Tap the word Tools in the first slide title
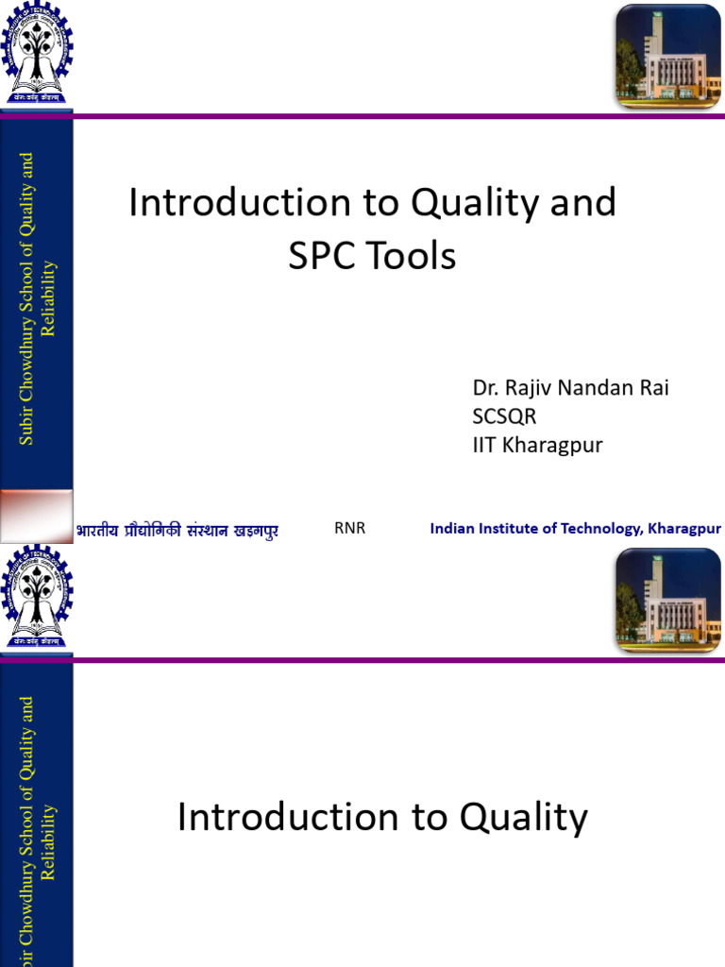click(x=412, y=256)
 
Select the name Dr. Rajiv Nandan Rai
click(x=570, y=389)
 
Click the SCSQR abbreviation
click(x=504, y=416)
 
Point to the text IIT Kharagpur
click(x=537, y=444)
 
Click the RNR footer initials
click(x=349, y=528)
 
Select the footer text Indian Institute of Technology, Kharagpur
click(x=575, y=528)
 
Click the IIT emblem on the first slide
click(x=37, y=54)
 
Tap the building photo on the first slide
click(x=667, y=54)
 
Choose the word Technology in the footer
click(x=599, y=528)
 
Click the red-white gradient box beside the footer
click(x=36, y=516)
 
